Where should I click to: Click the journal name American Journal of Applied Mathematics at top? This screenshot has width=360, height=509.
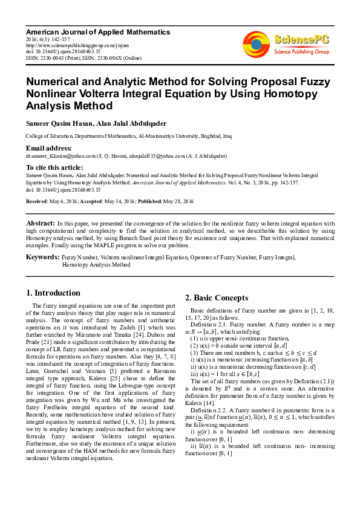(x=98, y=31)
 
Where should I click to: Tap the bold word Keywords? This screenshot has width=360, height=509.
(x=42, y=258)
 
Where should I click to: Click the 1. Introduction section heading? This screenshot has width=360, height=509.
(x=54, y=293)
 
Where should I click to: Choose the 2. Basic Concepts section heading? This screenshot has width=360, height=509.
(x=216, y=297)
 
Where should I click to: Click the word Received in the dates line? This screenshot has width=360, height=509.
(x=38, y=201)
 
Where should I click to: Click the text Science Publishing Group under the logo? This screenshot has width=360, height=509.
(x=301, y=52)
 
